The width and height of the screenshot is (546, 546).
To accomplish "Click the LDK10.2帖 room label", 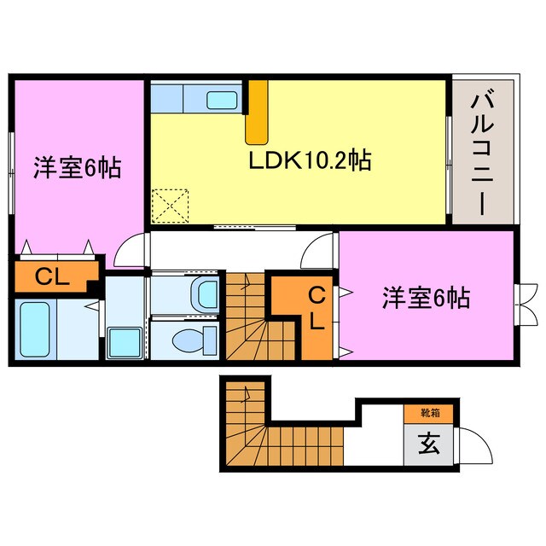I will click(x=309, y=160).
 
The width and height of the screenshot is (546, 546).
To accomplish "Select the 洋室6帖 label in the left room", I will click(x=77, y=166).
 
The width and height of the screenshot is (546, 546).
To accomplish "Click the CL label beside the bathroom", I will click(x=52, y=276).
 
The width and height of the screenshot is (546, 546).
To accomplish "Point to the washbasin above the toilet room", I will click(x=205, y=294).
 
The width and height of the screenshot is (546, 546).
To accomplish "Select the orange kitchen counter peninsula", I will click(x=257, y=111).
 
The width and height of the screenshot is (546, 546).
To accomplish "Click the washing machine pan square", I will click(x=125, y=342).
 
